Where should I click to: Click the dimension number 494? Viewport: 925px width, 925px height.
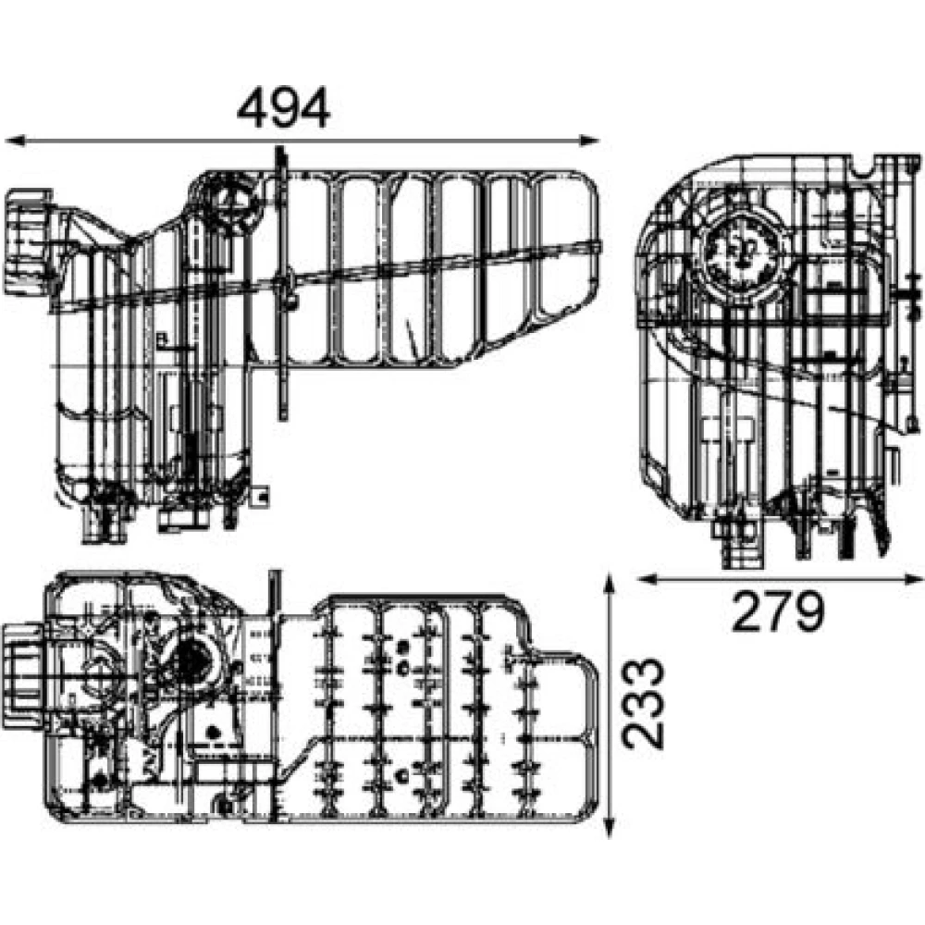point(283,108)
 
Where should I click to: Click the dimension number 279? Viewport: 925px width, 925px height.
point(778,611)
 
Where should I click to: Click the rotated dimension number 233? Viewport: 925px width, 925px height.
point(644,704)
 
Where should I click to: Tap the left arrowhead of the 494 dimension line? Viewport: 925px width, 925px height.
point(14,141)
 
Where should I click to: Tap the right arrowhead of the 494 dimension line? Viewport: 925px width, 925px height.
point(589,141)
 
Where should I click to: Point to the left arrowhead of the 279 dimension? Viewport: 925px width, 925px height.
point(647,579)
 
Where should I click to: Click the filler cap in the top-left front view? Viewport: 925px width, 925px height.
point(28,241)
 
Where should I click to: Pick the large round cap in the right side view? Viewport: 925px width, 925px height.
point(741,253)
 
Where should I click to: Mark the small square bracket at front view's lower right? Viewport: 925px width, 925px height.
point(260,496)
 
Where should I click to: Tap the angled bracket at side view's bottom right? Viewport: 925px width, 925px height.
point(878,522)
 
